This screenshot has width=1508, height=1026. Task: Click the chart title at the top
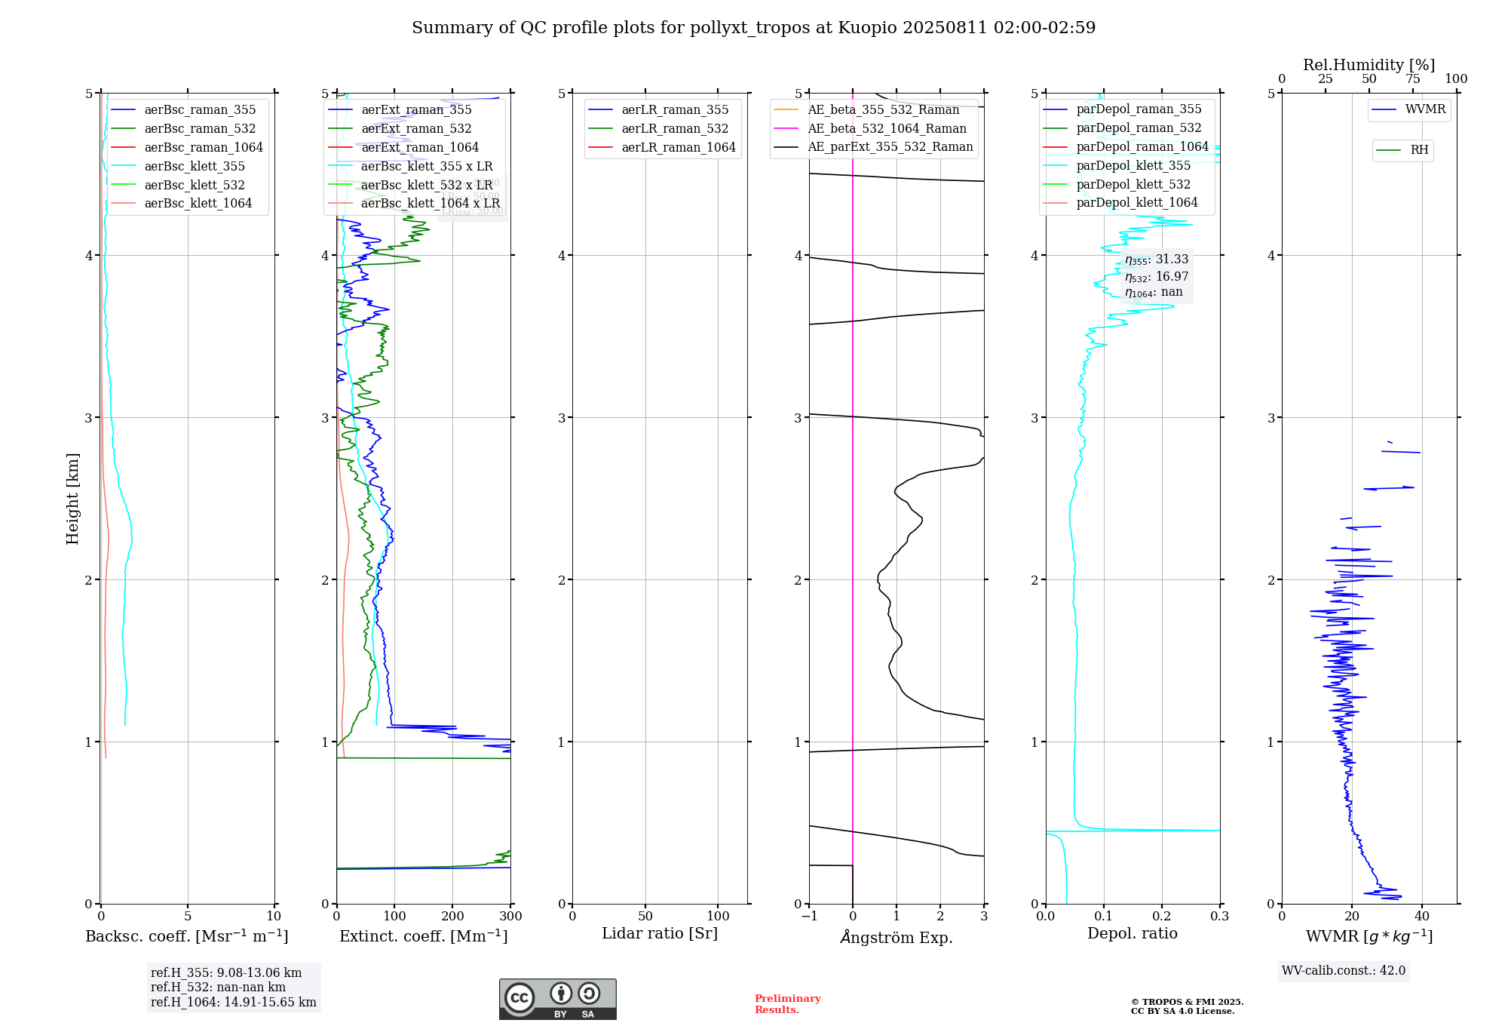[753, 28]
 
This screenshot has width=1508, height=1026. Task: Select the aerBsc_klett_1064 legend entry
[198, 204]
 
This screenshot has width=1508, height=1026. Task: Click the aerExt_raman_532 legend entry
[416, 129]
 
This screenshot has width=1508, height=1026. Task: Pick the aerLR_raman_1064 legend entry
[678, 148]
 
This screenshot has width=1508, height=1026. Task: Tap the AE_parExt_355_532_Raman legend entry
[890, 147]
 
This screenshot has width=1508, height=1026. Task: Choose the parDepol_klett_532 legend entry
[1133, 185]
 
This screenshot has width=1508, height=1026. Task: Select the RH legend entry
[1419, 150]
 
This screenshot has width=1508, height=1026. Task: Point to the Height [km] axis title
[72, 499]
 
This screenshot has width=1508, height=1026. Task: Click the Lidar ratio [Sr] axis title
[660, 934]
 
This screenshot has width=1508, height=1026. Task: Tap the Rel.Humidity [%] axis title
[1369, 65]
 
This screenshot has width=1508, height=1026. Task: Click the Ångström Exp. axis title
[897, 938]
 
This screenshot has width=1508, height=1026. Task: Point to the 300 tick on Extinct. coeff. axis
[511, 917]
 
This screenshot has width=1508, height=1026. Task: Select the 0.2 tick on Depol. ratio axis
[1162, 917]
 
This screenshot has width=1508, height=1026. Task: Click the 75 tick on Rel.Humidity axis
[1412, 79]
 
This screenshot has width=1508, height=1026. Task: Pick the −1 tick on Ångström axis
[809, 917]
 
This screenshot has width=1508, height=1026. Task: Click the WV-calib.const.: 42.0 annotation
[1344, 971]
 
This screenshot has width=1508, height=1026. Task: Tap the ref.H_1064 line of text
[233, 1003]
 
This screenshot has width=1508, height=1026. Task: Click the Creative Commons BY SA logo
[557, 999]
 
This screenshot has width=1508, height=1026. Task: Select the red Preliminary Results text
[787, 1004]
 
